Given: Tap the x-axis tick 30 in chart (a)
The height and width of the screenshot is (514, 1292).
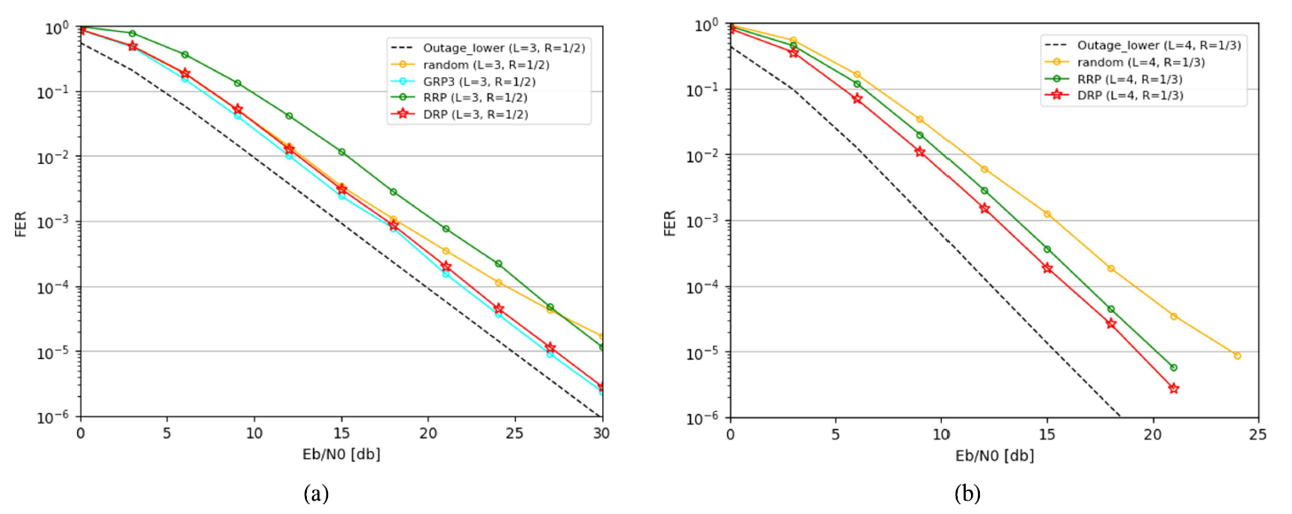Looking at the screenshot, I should [601, 432].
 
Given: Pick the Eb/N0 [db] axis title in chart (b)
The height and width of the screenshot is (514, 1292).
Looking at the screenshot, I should [993, 456].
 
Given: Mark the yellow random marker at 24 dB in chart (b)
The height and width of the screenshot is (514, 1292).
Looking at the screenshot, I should [1237, 355].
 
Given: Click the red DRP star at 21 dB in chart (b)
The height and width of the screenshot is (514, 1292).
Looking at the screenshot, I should [1173, 388].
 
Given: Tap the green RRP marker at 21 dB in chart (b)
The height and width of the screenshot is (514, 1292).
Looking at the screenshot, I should [1173, 367].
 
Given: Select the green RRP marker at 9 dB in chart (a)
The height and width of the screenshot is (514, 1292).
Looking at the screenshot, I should [238, 83].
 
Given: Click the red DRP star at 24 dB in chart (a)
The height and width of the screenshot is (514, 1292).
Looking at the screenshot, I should [498, 308].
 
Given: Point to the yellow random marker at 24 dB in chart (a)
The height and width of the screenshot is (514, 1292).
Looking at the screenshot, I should [498, 283].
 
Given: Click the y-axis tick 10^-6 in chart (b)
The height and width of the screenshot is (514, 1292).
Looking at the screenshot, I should [701, 417].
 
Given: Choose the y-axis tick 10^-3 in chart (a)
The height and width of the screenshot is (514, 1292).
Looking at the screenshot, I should [54, 222].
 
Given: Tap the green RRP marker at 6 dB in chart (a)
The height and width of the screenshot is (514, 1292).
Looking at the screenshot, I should [185, 55].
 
